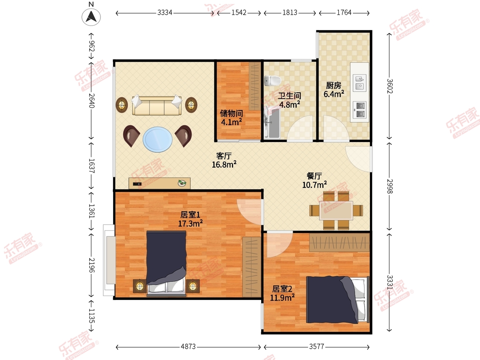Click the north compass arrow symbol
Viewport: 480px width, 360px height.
tap(91, 17)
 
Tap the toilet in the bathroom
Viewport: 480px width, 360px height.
tap(272, 81)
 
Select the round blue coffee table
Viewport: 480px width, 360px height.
tap(158, 139)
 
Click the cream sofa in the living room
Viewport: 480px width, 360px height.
tap(156, 105)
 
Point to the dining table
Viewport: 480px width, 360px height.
tap(336, 210)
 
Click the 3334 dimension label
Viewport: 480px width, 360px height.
tap(165, 13)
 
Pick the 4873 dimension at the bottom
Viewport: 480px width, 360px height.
tap(188, 347)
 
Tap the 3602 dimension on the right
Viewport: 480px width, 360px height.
tap(390, 86)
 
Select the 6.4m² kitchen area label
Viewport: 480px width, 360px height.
tap(334, 94)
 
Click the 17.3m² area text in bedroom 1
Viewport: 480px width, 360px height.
tap(190, 224)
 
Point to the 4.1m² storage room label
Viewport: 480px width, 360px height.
tap(231, 122)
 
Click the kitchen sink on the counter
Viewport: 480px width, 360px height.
tap(360, 83)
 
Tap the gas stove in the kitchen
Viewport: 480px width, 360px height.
tap(360, 110)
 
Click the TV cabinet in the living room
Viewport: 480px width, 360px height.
tap(160, 183)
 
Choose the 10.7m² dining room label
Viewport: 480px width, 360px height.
tap(314, 185)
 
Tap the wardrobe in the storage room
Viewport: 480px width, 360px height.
tap(255, 86)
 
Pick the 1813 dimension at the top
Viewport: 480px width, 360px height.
tap(290, 13)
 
